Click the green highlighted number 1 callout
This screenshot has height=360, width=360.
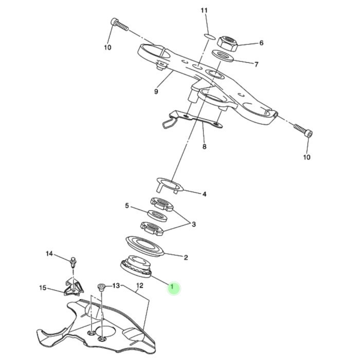click(174, 288)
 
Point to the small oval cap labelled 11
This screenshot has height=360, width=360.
click(208, 35)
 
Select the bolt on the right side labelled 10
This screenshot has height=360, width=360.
click(303, 131)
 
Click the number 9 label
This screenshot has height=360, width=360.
click(155, 92)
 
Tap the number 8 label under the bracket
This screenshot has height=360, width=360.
click(204, 147)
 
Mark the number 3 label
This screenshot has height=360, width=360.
click(193, 224)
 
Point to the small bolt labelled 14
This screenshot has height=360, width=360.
click(73, 261)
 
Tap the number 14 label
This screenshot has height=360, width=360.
click(49, 254)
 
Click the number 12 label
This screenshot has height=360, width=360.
click(139, 285)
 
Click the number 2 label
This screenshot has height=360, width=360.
click(186, 257)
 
